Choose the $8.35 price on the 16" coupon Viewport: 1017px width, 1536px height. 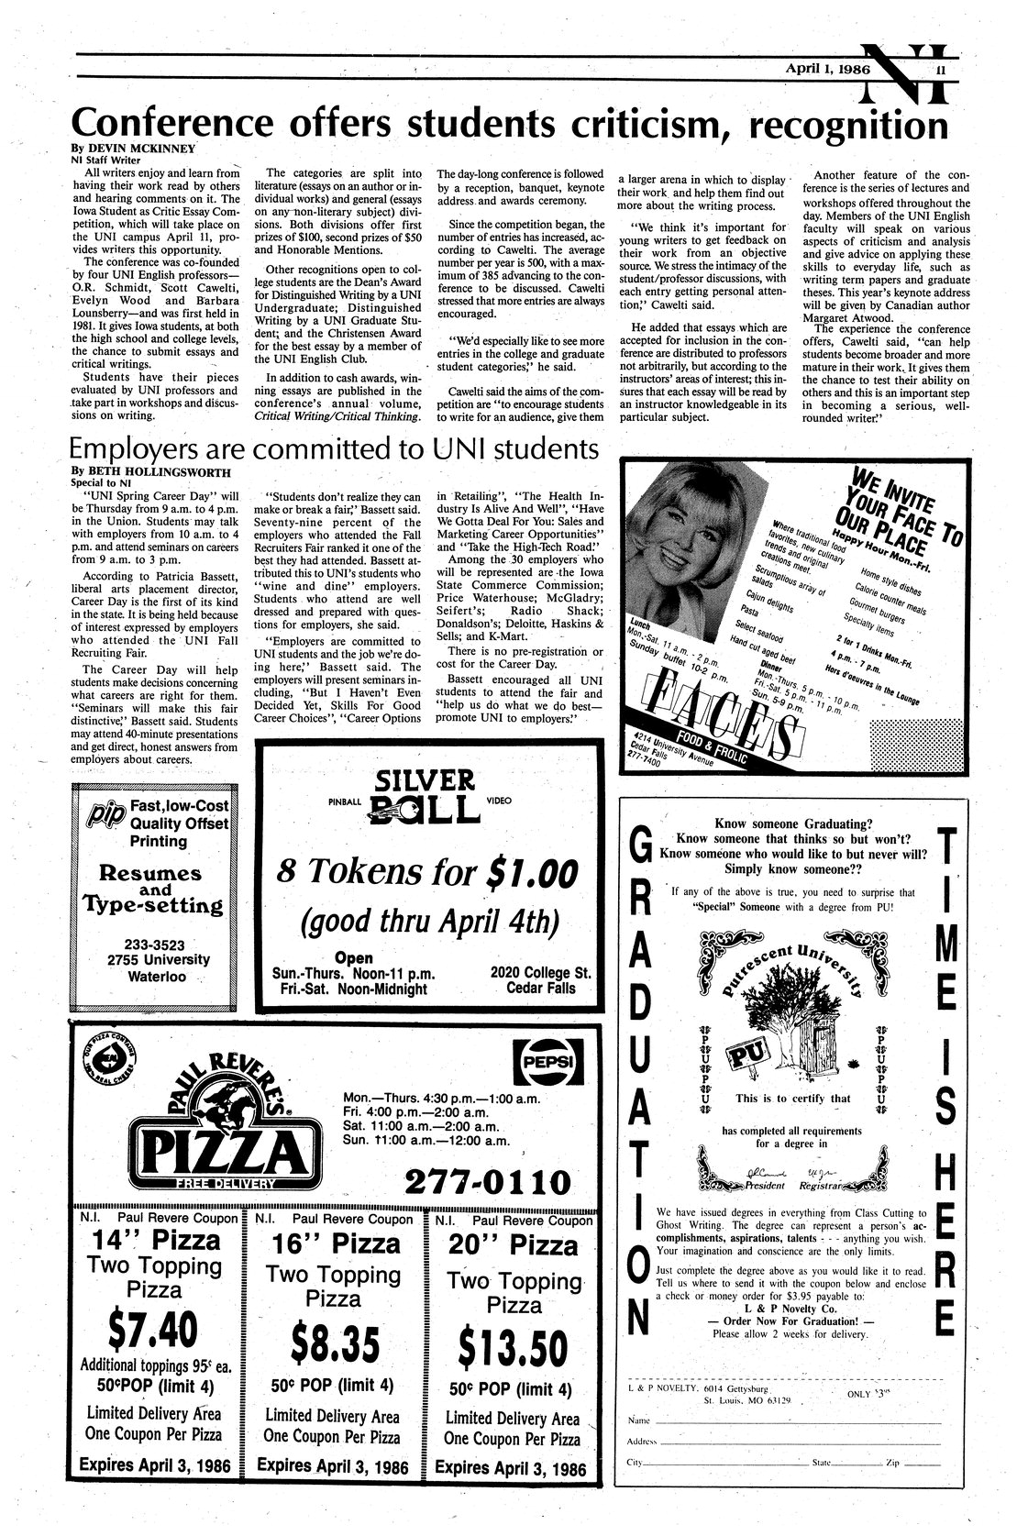coord(333,1343)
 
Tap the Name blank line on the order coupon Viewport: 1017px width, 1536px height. coord(798,1421)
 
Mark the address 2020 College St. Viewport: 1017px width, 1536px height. coord(541,971)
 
